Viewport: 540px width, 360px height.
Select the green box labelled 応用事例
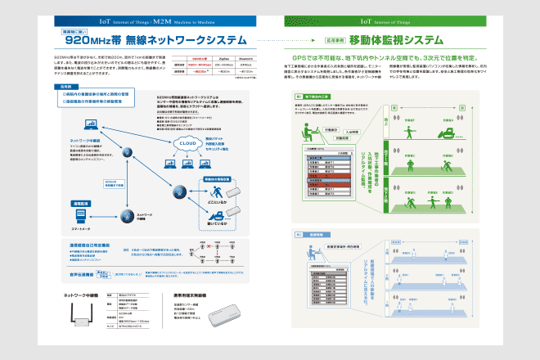coord(312,39)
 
